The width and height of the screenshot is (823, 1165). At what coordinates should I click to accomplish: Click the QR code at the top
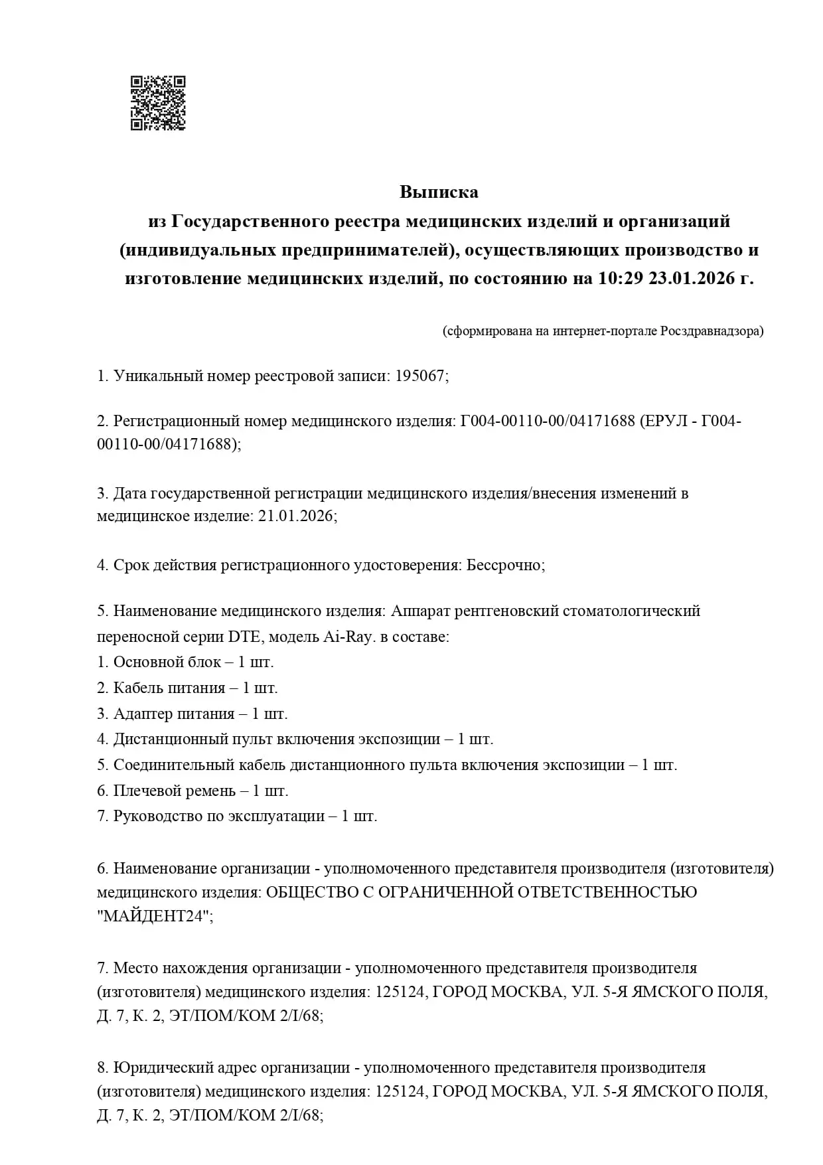click(158, 103)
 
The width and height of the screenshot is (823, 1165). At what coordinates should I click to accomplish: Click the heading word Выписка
click(439, 193)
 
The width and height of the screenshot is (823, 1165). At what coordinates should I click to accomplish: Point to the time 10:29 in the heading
click(621, 278)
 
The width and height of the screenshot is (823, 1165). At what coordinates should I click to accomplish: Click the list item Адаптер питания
click(174, 714)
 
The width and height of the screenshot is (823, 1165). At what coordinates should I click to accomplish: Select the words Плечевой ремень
click(174, 791)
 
